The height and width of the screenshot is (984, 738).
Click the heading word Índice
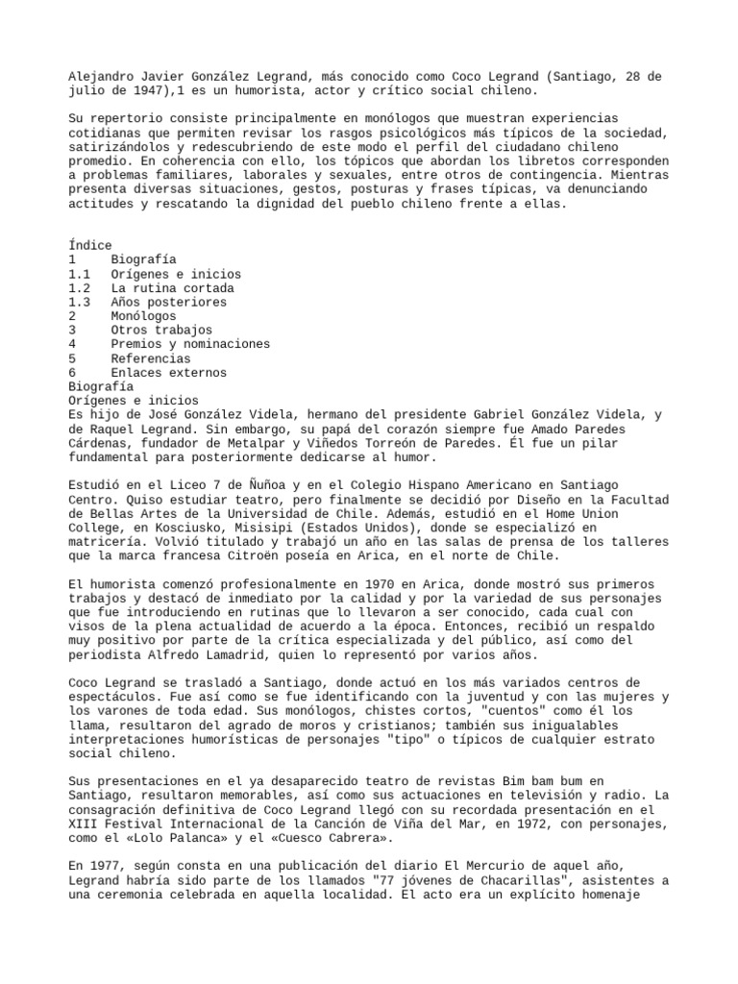tap(90, 246)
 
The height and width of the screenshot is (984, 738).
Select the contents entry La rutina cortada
tap(172, 288)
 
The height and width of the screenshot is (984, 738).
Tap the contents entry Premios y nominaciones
tap(190, 344)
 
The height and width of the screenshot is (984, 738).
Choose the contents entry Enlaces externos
tap(168, 373)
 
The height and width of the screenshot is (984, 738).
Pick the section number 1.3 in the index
tap(80, 302)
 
